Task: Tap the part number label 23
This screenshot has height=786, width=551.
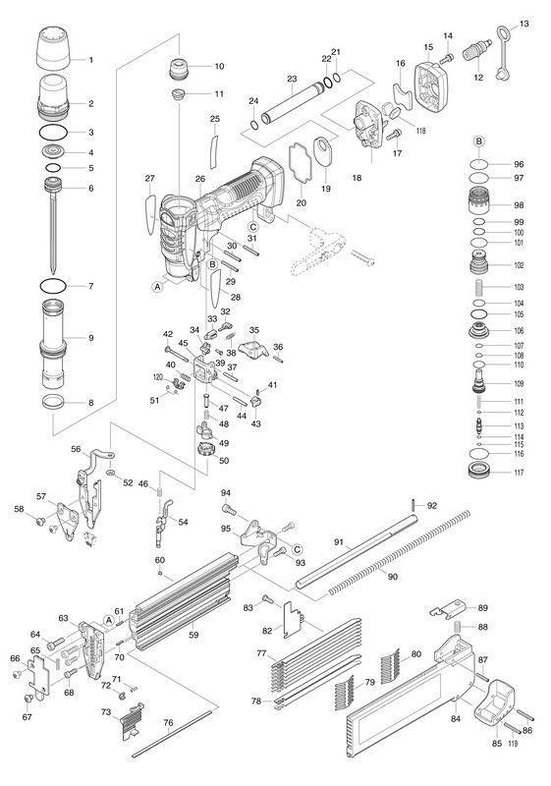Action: click(292, 79)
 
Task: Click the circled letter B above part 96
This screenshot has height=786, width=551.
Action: click(479, 141)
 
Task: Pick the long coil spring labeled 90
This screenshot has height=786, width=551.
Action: click(400, 553)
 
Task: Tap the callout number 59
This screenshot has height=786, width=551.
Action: click(193, 635)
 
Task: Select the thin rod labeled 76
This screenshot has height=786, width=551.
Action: click(175, 733)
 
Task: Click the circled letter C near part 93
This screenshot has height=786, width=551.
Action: click(298, 549)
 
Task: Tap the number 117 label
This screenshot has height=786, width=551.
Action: click(519, 473)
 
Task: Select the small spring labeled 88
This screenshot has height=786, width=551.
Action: click(457, 627)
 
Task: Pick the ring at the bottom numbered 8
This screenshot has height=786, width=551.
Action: click(53, 402)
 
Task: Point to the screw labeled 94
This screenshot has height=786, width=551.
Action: click(228, 509)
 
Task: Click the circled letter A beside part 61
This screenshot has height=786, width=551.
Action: click(109, 620)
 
